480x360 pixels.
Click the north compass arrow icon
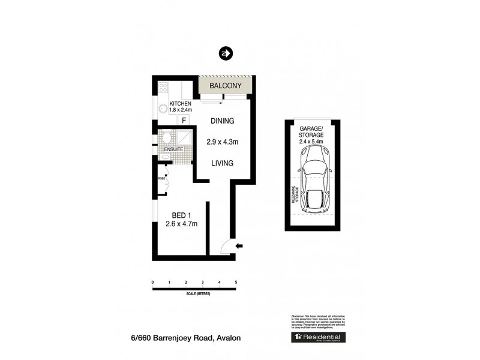point(226,53)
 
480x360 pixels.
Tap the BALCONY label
point(226,86)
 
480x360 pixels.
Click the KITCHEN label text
point(180,104)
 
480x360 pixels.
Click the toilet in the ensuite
point(166,138)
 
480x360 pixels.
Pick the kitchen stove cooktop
point(162,89)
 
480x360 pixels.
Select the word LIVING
point(222,163)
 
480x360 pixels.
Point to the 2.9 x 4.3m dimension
point(223,142)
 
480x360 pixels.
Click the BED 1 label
point(182,215)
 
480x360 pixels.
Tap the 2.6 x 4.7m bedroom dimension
point(182,224)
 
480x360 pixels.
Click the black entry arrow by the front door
point(239,245)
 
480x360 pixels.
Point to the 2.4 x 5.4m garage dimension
point(311,142)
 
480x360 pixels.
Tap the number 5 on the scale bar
point(236,282)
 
